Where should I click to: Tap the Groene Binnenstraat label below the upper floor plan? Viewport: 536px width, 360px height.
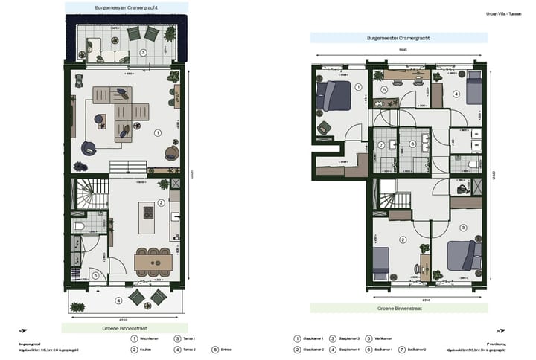[399, 306]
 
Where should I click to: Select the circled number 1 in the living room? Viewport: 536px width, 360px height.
[157, 132]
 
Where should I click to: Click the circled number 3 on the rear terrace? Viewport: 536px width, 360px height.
[142, 53]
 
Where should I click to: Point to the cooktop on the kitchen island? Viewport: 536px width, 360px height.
[148, 213]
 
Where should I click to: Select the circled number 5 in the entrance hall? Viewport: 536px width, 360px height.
[96, 275]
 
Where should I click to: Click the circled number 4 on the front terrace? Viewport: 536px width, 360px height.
[118, 300]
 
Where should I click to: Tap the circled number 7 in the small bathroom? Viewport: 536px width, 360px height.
[380, 144]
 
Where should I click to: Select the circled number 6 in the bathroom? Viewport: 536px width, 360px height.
[412, 144]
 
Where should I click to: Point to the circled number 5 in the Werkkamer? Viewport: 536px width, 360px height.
[384, 90]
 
